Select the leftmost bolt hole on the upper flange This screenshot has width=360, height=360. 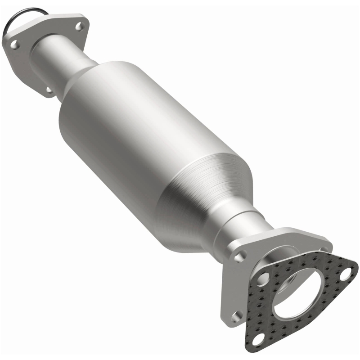pos(13,45)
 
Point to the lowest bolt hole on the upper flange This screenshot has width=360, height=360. pos(49,90)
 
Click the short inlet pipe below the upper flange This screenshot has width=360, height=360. pos(67,58)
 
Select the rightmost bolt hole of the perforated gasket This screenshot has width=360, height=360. pos(346,272)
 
